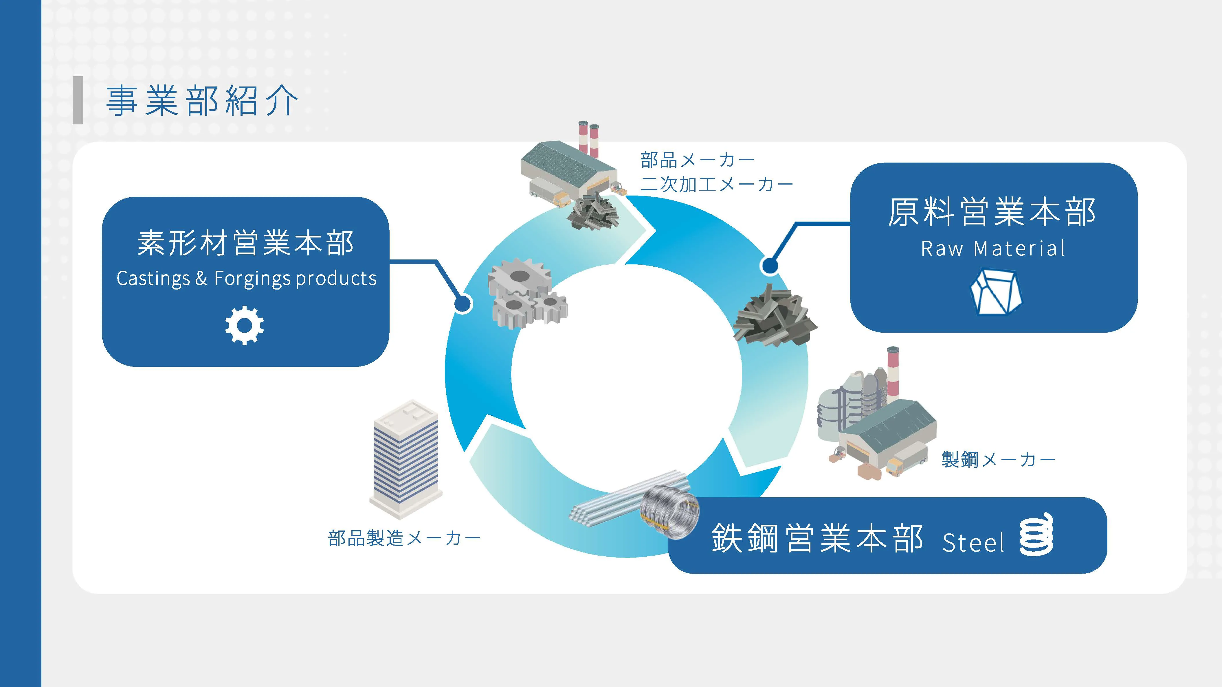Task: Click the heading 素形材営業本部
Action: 245,243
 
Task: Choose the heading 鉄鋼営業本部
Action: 817,538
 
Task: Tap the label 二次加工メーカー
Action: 716,184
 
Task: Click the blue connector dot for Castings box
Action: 463,303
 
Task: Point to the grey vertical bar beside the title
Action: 78,100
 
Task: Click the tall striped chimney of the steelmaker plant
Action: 893,375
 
